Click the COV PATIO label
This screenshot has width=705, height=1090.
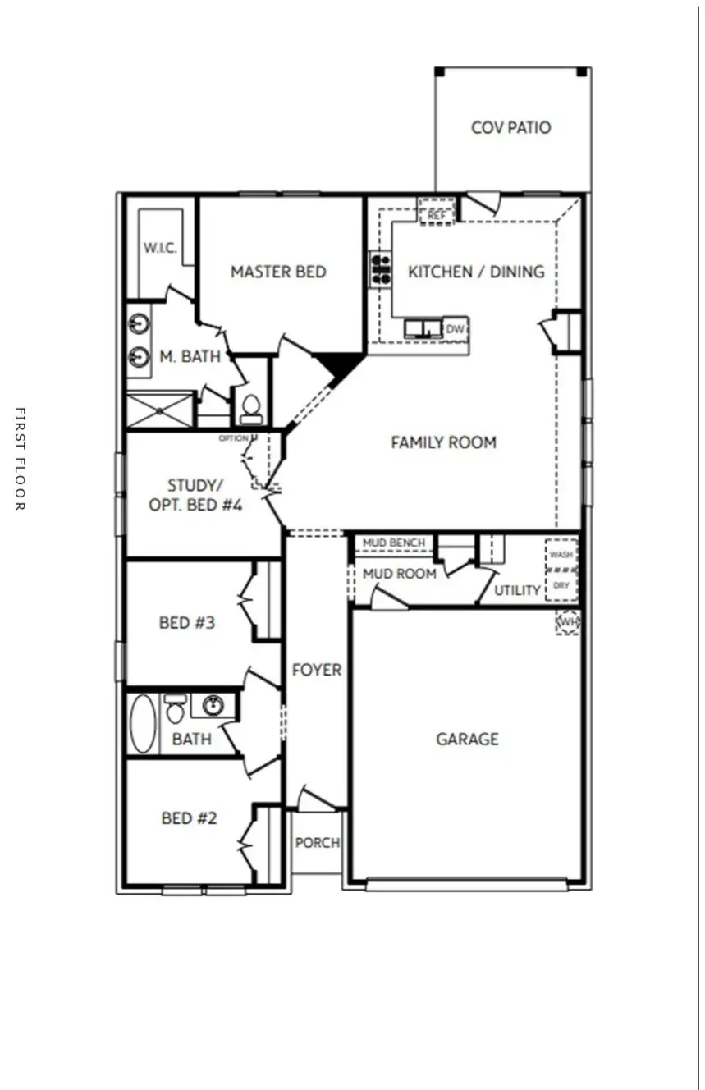click(510, 128)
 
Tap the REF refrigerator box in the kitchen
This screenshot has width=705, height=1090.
click(436, 212)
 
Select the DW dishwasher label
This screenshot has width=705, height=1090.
click(455, 329)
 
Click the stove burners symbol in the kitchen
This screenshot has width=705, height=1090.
click(380, 269)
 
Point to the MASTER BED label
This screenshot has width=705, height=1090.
click(278, 272)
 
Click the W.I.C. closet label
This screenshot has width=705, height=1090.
click(160, 248)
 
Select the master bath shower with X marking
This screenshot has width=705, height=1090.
click(159, 410)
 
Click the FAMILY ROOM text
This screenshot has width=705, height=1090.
click(443, 443)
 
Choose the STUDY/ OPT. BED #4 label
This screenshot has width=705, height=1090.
click(195, 495)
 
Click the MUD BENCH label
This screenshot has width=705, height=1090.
click(394, 543)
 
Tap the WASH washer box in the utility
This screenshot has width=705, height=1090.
click(561, 555)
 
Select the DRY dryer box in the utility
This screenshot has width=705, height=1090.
click(561, 585)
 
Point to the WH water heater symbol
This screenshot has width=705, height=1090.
click(568, 622)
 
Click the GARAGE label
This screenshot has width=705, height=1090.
click(467, 740)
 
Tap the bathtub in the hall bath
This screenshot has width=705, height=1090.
click(143, 723)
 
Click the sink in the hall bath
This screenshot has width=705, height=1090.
click(213, 705)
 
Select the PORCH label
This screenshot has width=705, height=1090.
click(317, 843)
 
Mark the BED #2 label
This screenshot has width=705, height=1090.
click(190, 818)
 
